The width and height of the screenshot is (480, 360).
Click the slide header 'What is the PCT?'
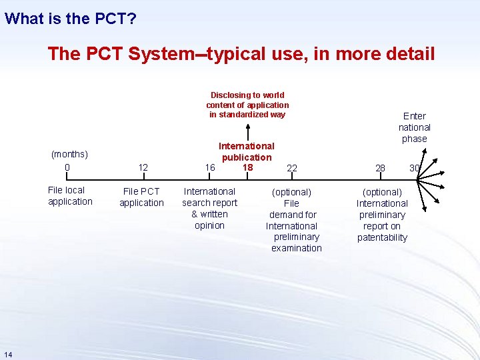coord(71,18)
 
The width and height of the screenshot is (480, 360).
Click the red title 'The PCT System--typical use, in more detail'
coord(241,53)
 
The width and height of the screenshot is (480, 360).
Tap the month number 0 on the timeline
coord(67,167)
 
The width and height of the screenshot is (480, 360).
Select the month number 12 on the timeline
coord(143,167)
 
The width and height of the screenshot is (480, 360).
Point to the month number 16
coord(209,167)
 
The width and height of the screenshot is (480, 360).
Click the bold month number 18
coord(247,167)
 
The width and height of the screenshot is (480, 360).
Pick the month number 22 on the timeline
coord(292,168)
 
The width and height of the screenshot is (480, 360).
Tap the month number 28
coord(380,168)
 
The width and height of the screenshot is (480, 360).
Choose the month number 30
coord(414,168)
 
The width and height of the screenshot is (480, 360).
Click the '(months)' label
coord(69,155)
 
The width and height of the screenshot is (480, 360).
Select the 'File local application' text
coord(70,196)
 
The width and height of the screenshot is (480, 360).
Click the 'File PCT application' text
coord(141,197)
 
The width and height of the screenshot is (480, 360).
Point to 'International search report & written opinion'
coord(209,208)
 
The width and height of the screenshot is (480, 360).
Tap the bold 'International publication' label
coord(247,151)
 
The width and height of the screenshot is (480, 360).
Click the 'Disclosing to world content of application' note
coord(247,105)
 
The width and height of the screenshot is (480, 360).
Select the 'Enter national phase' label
coord(415,127)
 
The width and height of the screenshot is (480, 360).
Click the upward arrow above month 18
coord(247,131)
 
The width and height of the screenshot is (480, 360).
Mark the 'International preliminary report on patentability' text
coord(382,215)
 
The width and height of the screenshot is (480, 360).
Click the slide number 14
coord(7,353)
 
